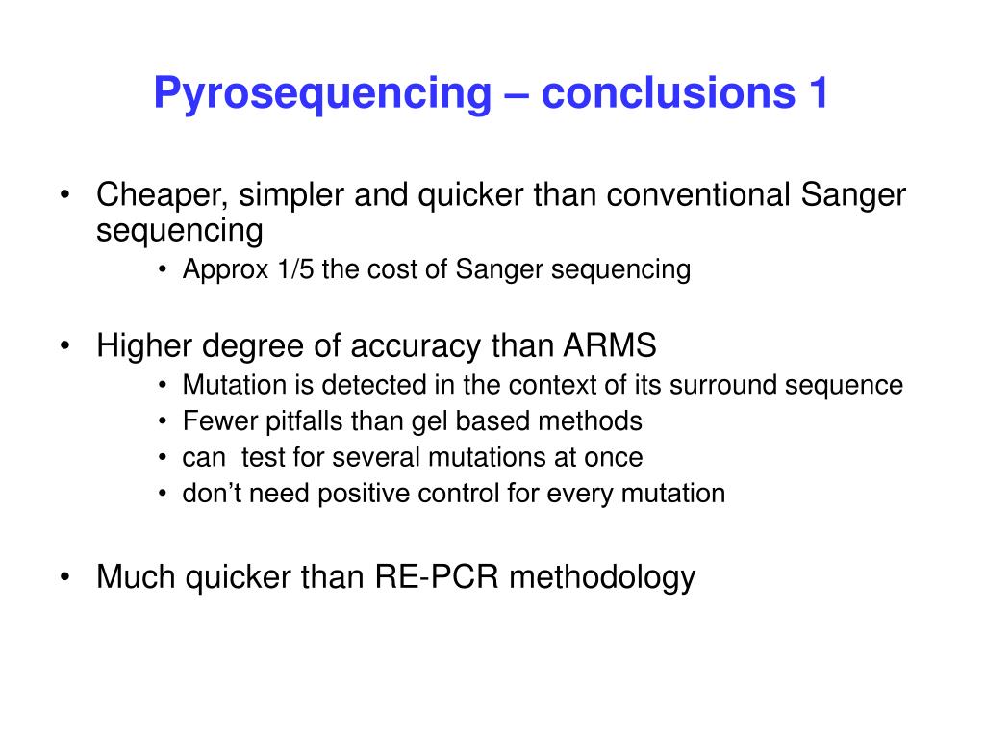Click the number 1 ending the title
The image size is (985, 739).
816,94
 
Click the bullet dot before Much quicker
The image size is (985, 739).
64,577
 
